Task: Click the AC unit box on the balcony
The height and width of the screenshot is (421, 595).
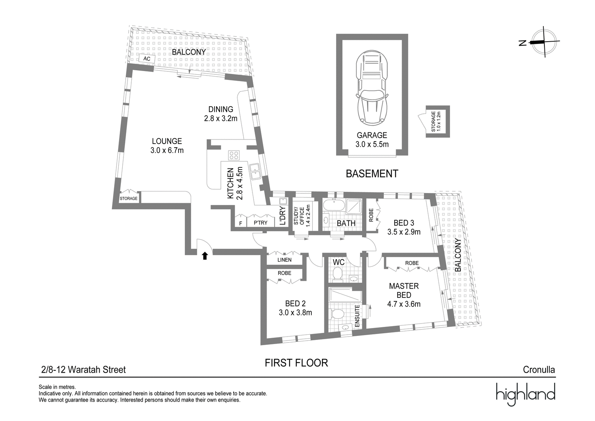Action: [x=147, y=58]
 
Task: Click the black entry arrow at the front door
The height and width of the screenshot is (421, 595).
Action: [x=205, y=256]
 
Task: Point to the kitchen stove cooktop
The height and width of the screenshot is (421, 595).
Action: [x=234, y=155]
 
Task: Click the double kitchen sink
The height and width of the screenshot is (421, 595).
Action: [x=255, y=171]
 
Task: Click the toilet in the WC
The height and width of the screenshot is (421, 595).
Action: [x=338, y=273]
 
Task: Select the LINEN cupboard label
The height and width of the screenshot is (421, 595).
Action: [x=284, y=260]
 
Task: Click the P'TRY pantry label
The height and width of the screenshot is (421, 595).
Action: [x=260, y=223]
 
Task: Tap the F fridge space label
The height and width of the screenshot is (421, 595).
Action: [x=241, y=224]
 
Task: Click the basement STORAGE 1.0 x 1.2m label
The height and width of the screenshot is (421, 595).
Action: [x=436, y=121]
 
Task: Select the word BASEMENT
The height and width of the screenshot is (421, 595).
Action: [x=372, y=174]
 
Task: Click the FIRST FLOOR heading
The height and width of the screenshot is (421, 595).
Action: [x=296, y=363]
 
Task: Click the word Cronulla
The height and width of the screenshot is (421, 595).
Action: [x=539, y=369]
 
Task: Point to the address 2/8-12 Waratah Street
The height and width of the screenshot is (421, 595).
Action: [x=83, y=369]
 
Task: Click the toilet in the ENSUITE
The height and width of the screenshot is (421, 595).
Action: [x=337, y=314]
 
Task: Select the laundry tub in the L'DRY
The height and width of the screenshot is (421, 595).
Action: [x=283, y=201]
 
